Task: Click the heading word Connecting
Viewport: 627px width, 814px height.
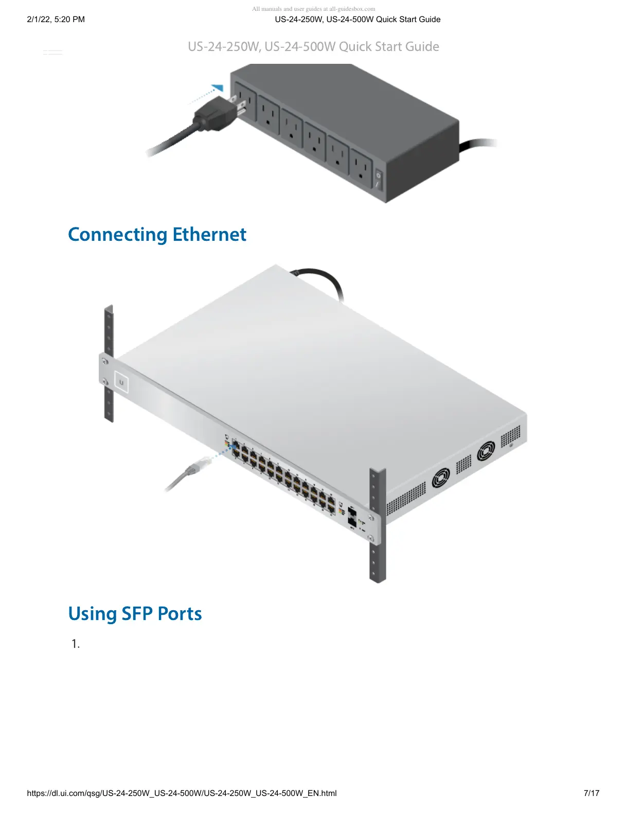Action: point(118,235)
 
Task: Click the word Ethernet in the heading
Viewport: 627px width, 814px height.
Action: point(209,235)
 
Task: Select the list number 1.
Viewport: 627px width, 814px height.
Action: point(76,644)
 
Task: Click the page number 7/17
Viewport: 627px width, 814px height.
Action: point(592,793)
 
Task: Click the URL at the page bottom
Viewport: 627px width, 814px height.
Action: point(182,793)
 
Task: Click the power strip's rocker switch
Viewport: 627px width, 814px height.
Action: point(378,180)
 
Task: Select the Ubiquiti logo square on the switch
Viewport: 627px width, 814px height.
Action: point(121,382)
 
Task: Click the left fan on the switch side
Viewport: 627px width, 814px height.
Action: point(440,477)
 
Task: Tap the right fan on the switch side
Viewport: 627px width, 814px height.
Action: point(486,451)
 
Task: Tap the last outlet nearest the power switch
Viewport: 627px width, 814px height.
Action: point(362,168)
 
